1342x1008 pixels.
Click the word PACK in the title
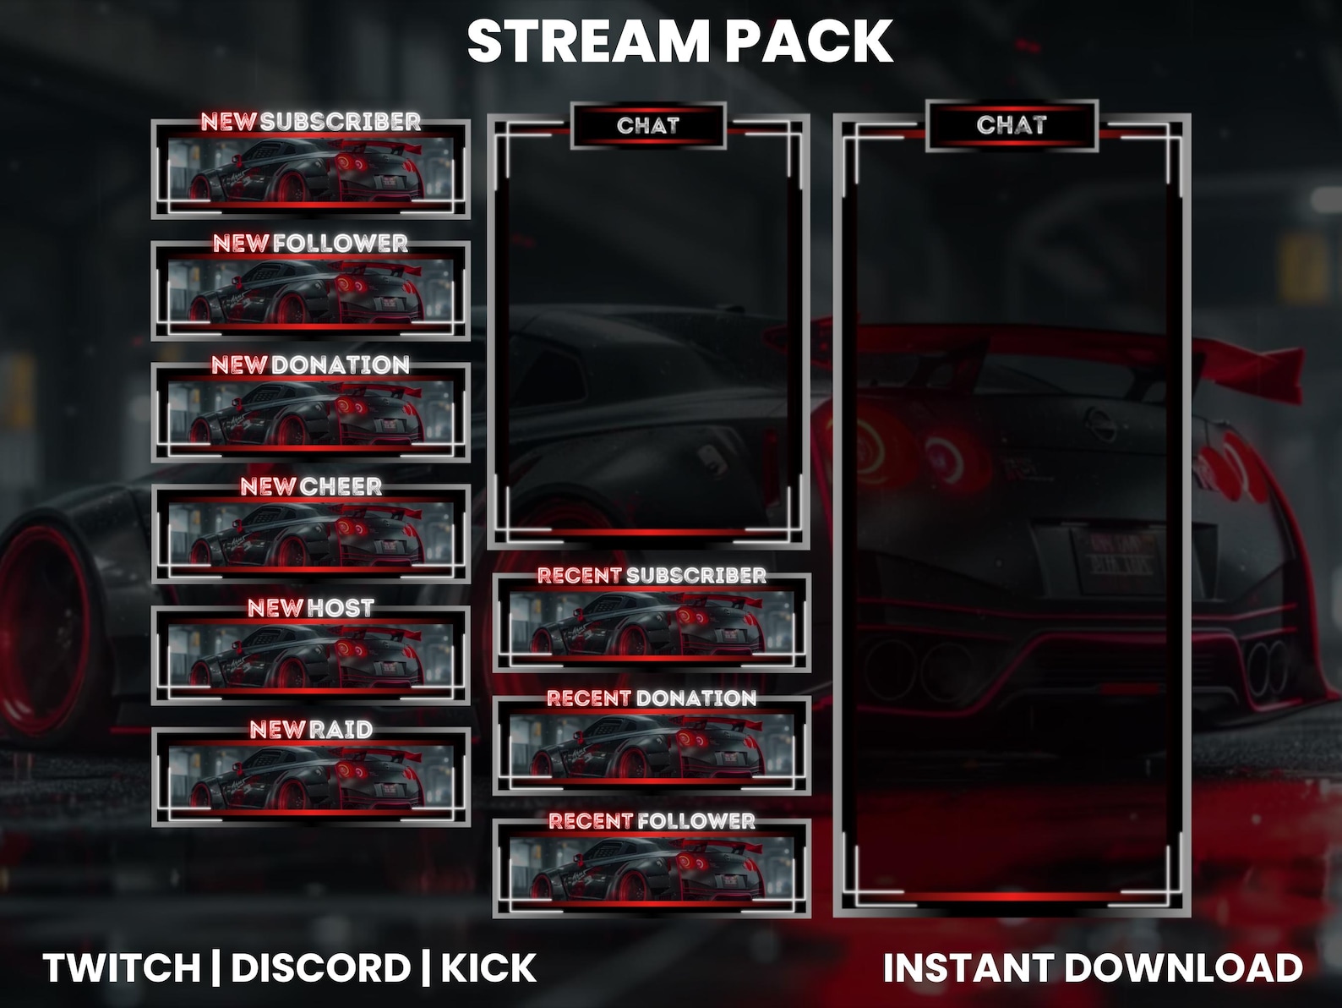click(x=809, y=41)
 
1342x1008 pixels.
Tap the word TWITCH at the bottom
click(x=122, y=968)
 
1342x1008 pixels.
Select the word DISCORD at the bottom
click(x=320, y=968)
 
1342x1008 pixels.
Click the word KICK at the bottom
click(x=488, y=968)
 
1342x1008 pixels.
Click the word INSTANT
click(x=963, y=968)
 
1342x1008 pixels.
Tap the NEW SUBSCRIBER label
click(x=310, y=122)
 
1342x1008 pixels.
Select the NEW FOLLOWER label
click(x=310, y=244)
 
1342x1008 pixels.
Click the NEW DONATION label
click(x=310, y=365)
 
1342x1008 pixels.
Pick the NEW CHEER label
click(x=310, y=487)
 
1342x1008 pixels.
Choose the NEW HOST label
click(x=310, y=608)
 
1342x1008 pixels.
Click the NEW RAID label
click(x=310, y=730)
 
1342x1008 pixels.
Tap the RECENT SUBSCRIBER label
click(x=652, y=576)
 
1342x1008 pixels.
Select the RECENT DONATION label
click(x=652, y=698)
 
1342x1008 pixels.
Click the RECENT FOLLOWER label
click(x=652, y=821)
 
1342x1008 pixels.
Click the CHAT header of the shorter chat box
click(x=648, y=126)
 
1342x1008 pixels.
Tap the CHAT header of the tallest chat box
click(x=1012, y=125)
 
